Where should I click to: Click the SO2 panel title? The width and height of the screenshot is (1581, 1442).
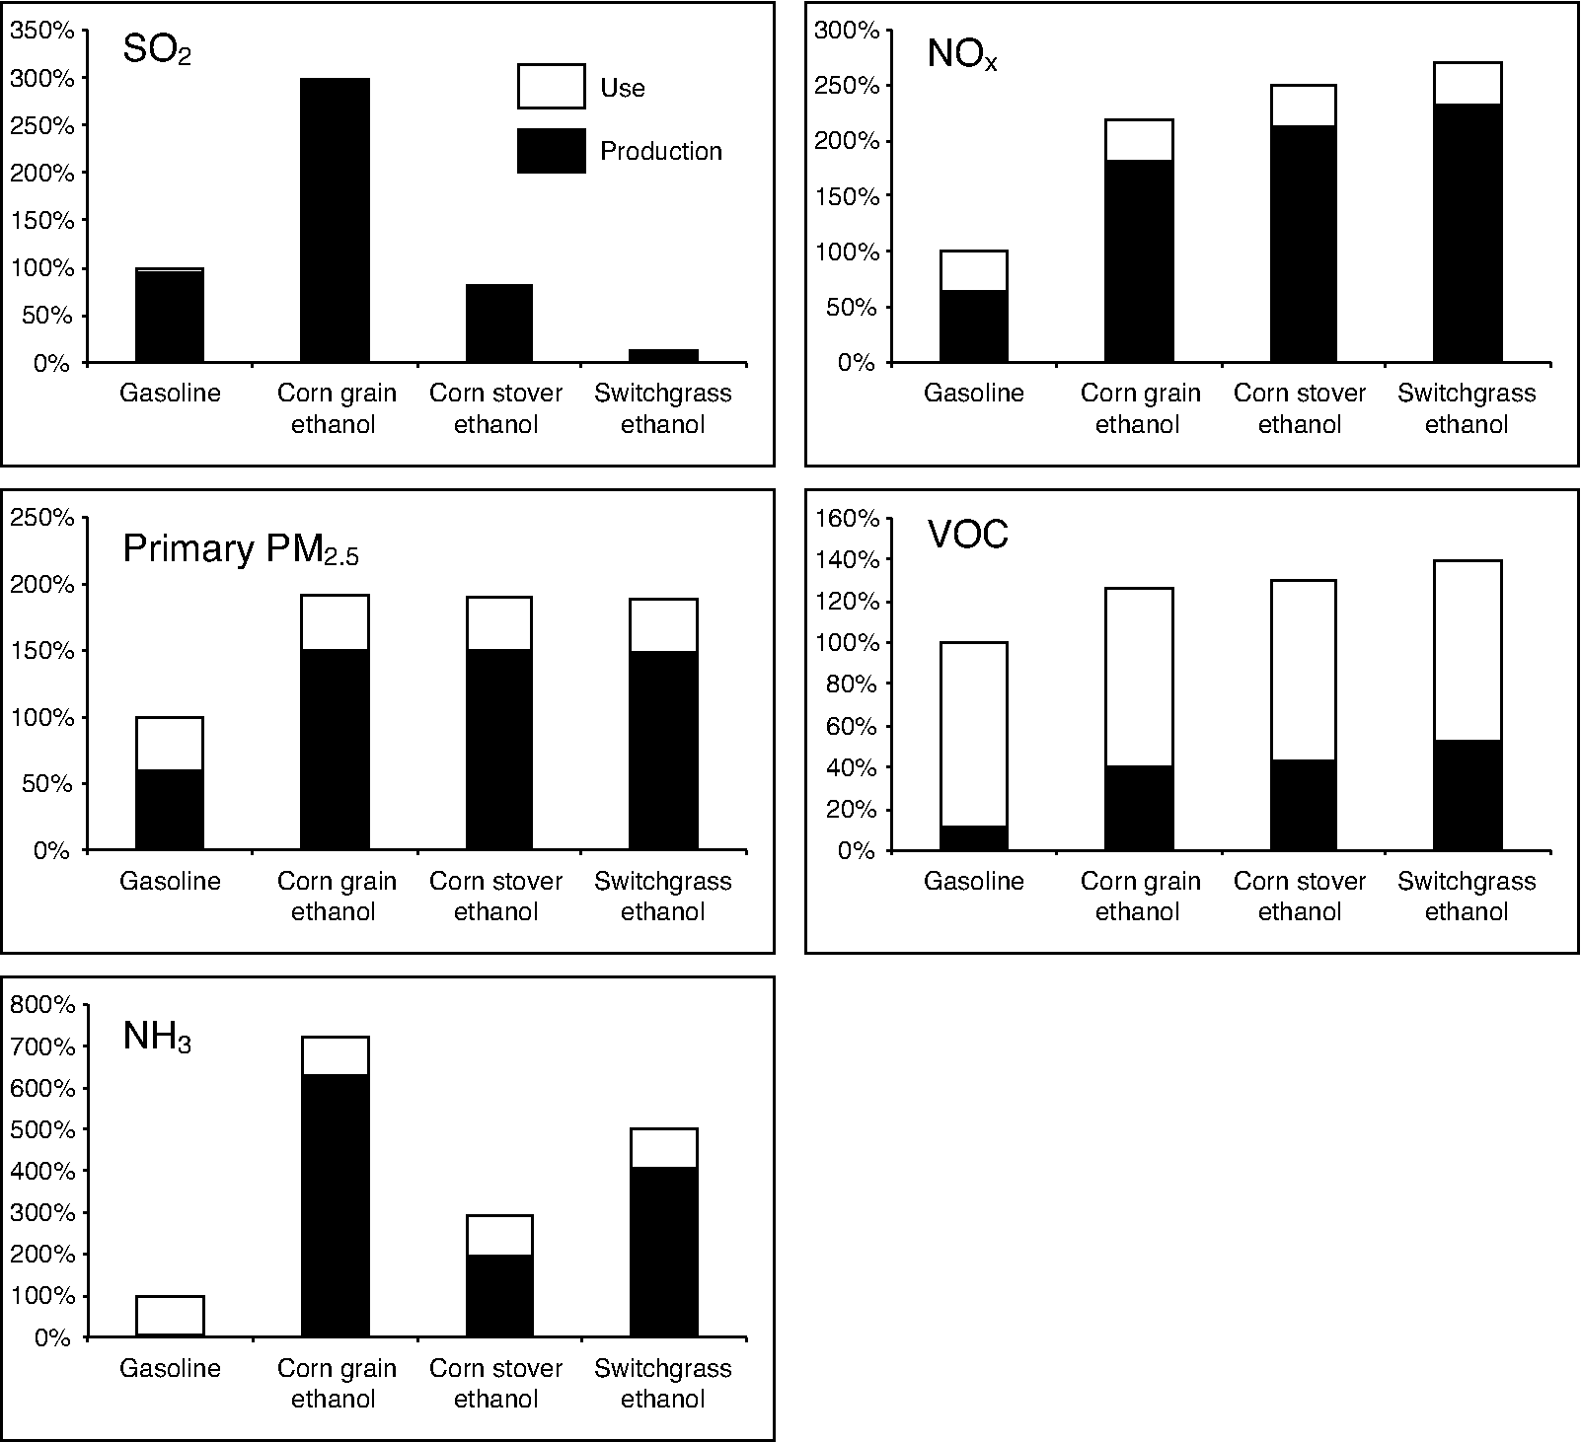(156, 50)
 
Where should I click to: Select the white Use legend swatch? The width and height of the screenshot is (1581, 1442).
(551, 87)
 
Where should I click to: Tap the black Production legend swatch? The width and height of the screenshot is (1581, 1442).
(551, 151)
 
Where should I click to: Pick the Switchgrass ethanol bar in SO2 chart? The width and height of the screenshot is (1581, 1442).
(663, 356)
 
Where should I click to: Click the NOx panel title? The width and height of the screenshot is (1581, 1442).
(962, 54)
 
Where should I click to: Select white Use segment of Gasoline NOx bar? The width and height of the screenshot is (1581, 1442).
(974, 270)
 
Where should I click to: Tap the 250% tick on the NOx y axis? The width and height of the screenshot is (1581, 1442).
(846, 86)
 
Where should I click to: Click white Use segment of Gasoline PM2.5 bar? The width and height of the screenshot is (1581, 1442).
(170, 743)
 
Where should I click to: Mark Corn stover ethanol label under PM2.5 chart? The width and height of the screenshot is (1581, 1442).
(495, 896)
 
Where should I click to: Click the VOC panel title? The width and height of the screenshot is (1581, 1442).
(967, 535)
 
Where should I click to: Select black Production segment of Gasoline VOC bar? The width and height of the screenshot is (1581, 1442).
(974, 838)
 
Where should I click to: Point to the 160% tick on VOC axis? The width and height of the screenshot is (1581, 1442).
(846, 518)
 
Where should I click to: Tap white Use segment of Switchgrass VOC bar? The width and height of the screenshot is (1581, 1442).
(1468, 650)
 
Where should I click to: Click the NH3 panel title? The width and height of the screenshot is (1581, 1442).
(156, 1037)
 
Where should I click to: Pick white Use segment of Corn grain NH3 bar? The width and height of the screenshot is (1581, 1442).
(336, 1055)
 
